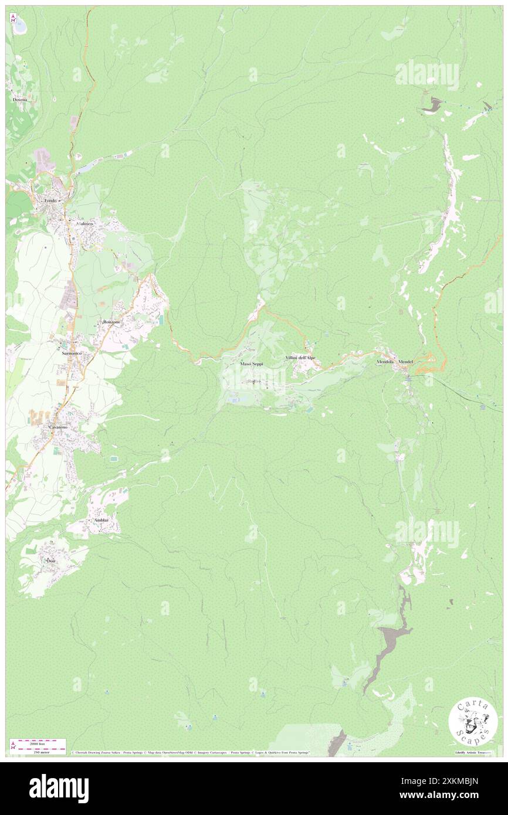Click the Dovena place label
click(x=20, y=100)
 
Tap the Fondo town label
click(x=50, y=201)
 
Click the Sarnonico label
click(x=69, y=354)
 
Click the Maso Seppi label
click(x=252, y=364)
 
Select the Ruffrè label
click(x=253, y=381)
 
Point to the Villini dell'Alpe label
click(x=300, y=358)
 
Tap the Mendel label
click(x=406, y=362)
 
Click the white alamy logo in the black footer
click(x=59, y=788)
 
